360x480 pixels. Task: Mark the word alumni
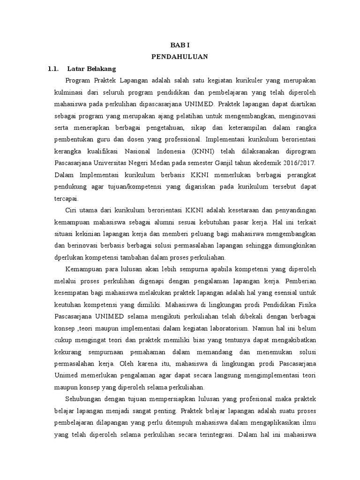pos(162,222)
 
